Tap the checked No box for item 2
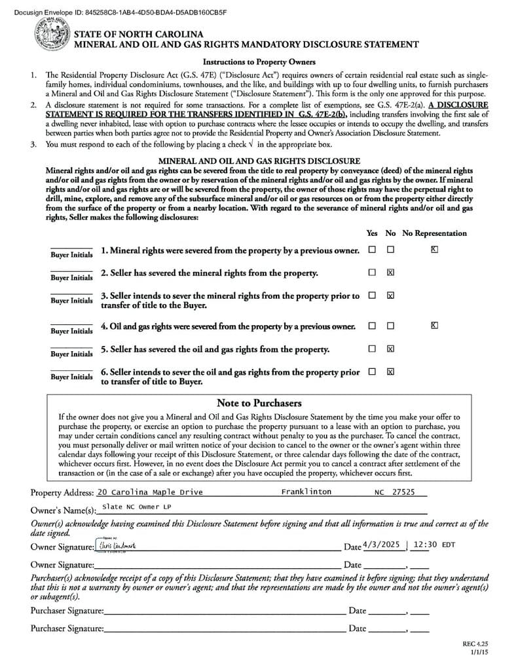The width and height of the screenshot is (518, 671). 390,273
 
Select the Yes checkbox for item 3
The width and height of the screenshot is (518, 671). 372,296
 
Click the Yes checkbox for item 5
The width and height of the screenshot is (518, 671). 372,349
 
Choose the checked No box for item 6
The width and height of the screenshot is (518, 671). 390,372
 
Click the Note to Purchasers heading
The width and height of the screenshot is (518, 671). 259,403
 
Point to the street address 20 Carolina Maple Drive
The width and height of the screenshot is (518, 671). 150,492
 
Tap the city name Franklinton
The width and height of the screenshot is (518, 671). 306,491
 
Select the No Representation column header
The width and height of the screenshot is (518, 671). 434,233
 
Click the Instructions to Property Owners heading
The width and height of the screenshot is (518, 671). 259,62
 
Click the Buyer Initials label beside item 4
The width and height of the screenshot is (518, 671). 71,331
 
